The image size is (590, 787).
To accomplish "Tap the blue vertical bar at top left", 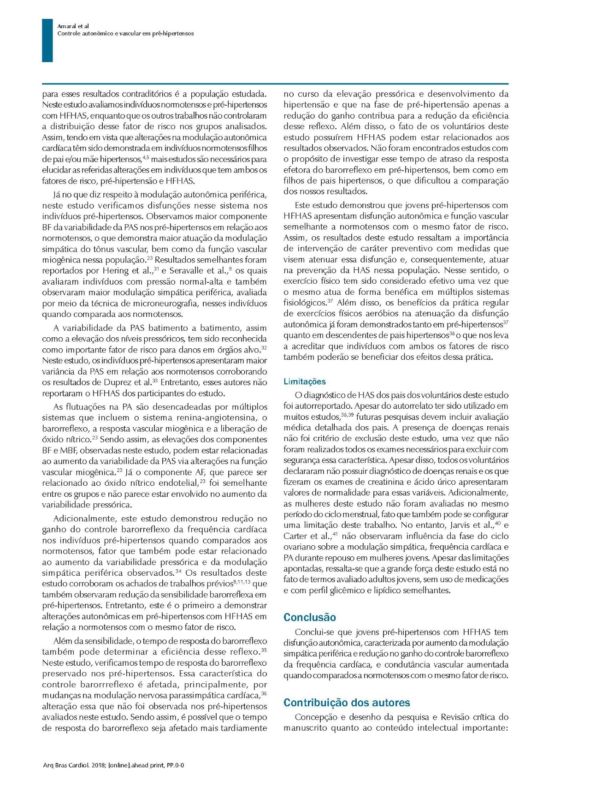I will [x=47, y=41].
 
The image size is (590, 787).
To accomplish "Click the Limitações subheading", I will [x=304, y=382].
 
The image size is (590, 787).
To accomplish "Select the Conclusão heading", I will [x=310, y=617].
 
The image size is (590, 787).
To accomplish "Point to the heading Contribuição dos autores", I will [x=347, y=703].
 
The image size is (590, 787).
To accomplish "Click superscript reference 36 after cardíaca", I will [x=264, y=693].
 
